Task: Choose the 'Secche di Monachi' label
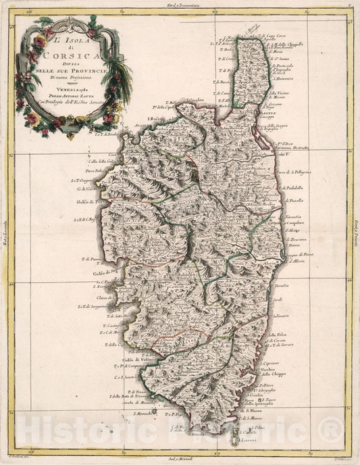click(136, 402)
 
